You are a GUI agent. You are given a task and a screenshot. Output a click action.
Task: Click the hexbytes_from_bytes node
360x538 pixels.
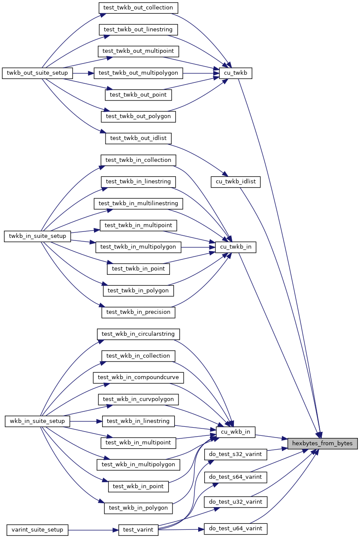(322, 443)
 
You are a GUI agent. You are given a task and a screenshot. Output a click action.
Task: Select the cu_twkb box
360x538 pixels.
(235, 73)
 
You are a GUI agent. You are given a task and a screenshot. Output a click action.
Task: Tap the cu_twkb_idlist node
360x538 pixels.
(236, 182)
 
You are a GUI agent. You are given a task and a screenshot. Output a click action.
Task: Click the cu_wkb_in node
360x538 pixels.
(236, 432)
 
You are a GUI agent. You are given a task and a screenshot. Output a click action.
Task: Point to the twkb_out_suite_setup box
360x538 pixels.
(37, 73)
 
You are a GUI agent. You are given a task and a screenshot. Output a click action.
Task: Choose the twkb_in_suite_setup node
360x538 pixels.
(37, 236)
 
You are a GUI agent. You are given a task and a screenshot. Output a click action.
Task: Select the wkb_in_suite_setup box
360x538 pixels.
(37, 421)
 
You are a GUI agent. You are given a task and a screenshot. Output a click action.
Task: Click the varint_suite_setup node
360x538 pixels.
(37, 529)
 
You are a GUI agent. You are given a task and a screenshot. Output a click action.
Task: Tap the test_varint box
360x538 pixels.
(138, 529)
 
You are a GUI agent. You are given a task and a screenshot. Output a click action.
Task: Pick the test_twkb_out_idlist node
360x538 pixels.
(138, 138)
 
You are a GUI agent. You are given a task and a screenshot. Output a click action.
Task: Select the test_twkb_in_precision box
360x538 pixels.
(138, 312)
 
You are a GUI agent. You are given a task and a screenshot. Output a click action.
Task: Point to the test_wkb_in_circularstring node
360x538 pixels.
(138, 334)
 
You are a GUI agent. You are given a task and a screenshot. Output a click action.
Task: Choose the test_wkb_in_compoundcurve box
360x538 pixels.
(138, 377)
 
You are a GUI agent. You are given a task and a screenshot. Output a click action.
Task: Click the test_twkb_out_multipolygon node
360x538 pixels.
(138, 73)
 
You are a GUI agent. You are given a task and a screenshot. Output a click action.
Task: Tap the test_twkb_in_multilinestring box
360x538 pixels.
(138, 203)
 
